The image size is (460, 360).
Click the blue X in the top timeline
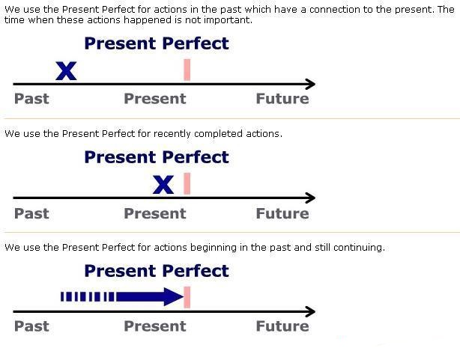pyautogui.click(x=66, y=71)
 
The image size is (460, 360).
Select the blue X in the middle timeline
pyautogui.click(x=163, y=185)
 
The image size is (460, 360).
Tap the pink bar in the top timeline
pyautogui.click(x=187, y=70)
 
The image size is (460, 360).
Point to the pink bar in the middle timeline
pyautogui.click(x=187, y=183)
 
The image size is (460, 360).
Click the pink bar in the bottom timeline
pyautogui.click(x=187, y=297)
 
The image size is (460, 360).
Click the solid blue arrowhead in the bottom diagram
pyautogui.click(x=174, y=296)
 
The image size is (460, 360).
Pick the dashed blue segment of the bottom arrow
pyautogui.click(x=88, y=296)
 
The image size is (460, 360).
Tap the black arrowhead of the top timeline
pyautogui.click(x=310, y=84)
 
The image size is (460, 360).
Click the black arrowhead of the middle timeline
pyautogui.click(x=310, y=198)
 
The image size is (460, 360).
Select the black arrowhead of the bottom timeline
pyautogui.click(x=310, y=311)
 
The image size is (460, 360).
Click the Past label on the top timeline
pyautogui.click(x=31, y=99)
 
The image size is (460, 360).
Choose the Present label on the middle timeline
pyautogui.click(x=155, y=213)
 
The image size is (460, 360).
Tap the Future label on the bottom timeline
pyautogui.click(x=282, y=326)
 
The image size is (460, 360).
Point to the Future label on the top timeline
pyautogui.click(x=282, y=99)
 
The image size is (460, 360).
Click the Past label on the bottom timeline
pyautogui.click(x=31, y=326)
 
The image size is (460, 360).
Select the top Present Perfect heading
pyautogui.click(x=157, y=44)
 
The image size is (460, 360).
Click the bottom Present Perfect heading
pyautogui.click(x=157, y=271)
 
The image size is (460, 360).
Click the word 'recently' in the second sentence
pyautogui.click(x=172, y=134)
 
